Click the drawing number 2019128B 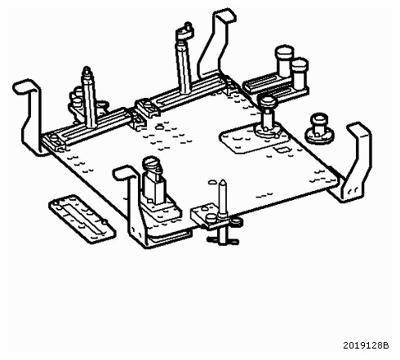[366, 345]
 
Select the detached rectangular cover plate [82, 219]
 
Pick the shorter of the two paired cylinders [300, 73]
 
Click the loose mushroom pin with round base [319, 129]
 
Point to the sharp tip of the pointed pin [223, 180]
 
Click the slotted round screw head [151, 163]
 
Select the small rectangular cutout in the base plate [282, 149]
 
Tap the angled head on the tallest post [184, 31]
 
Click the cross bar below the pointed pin [223, 241]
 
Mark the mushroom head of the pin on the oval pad [268, 100]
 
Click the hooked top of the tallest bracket [224, 16]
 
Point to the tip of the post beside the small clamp [87, 69]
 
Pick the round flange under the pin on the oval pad [268, 131]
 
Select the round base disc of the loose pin [319, 136]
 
